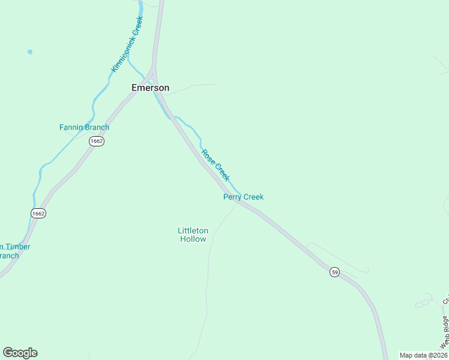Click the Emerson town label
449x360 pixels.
click(x=150, y=88)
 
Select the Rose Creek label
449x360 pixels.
click(x=215, y=165)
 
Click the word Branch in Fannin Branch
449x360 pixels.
click(x=97, y=127)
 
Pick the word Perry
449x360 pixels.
click(x=232, y=197)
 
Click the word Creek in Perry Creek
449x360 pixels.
click(x=253, y=197)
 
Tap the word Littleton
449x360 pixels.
click(x=193, y=230)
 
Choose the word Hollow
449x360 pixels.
click(x=193, y=239)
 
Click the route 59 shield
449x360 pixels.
click(x=334, y=272)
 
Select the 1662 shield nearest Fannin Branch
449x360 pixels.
click(x=96, y=141)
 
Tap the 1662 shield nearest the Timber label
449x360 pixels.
click(x=38, y=213)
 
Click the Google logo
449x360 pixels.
click(x=20, y=353)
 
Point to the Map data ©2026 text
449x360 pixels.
click(x=423, y=355)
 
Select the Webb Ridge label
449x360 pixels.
click(x=444, y=332)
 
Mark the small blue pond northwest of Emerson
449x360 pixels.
click(x=29, y=52)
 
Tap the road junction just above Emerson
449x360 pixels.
click(x=153, y=71)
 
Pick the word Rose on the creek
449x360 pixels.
click(x=208, y=157)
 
